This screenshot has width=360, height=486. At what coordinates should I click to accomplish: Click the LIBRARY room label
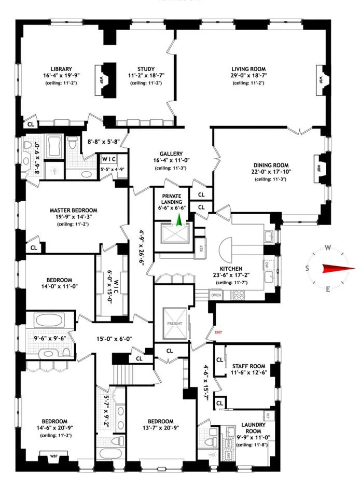(x=61, y=68)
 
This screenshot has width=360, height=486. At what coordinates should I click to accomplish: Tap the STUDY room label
(x=146, y=68)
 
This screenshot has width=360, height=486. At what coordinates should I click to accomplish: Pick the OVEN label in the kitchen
(x=216, y=295)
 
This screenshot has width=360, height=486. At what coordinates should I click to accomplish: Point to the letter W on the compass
(x=328, y=247)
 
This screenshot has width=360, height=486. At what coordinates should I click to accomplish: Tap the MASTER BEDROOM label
(x=73, y=210)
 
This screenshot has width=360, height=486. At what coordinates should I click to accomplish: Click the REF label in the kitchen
(x=201, y=249)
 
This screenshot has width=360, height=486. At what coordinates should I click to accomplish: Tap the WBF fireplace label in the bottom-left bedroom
(x=53, y=457)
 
